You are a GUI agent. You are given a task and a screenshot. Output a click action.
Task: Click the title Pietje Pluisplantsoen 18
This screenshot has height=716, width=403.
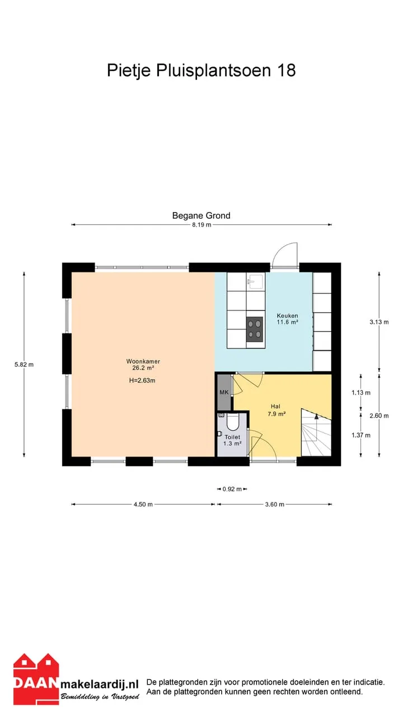coord(201,70)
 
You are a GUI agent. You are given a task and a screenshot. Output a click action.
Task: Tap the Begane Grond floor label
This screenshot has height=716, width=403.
coord(201,216)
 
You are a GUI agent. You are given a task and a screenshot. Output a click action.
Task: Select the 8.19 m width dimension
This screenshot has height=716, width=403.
coord(201,225)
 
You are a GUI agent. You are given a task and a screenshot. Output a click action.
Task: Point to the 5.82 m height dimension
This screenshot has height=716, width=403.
coord(24,364)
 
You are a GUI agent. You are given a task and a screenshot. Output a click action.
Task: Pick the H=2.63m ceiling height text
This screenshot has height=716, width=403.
coord(142,381)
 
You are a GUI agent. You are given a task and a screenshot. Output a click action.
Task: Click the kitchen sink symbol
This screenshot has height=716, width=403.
coord(256,281)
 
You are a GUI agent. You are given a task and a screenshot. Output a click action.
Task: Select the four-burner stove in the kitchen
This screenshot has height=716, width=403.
coord(255,329)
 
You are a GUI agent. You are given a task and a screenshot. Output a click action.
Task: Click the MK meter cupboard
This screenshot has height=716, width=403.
coord(224,392)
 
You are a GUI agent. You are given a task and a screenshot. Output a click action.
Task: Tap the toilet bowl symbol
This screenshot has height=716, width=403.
coord(232,422)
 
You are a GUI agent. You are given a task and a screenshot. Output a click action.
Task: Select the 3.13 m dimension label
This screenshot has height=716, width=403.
coord(379,322)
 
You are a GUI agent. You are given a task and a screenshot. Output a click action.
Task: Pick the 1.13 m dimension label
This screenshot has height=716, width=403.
coord(361,393)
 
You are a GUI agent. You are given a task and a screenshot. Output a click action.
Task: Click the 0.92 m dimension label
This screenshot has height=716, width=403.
coord(232,489)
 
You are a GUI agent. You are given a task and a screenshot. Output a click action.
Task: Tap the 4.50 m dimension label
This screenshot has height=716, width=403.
coord(143,505)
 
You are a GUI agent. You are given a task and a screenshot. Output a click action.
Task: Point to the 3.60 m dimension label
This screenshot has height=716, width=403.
coord(274,505)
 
